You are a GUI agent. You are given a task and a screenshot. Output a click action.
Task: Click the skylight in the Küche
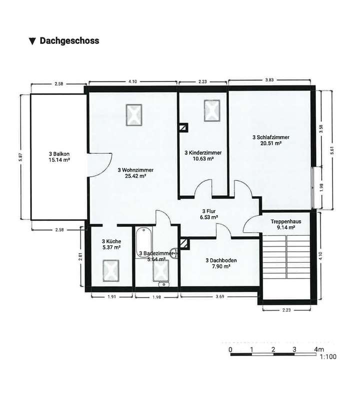tap(111, 270)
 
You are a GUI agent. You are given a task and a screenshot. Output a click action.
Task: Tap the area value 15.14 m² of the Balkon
tap(59, 160)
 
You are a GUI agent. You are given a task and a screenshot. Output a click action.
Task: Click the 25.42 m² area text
tap(135, 176)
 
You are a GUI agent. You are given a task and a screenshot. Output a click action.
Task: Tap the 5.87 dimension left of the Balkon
tap(20, 157)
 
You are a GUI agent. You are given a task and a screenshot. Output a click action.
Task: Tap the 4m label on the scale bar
tap(319, 349)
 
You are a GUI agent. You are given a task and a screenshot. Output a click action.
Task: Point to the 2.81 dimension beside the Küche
tap(80, 257)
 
